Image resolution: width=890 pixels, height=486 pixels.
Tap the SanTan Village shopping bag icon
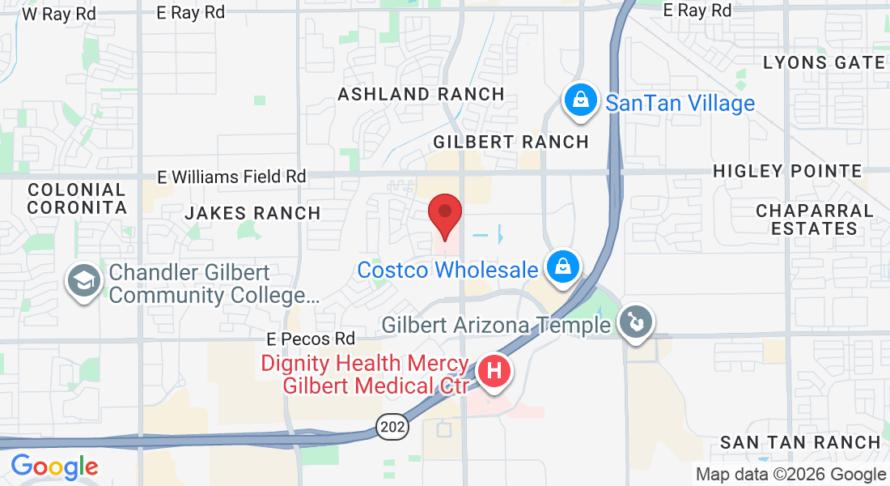click(x=580, y=101)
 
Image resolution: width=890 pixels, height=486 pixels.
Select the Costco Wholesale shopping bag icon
click(x=560, y=267)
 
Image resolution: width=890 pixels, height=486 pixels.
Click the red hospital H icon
click(x=494, y=372)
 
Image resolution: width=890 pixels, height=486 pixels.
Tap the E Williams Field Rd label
click(x=231, y=176)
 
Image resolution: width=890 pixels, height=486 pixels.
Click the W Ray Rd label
click(x=59, y=14)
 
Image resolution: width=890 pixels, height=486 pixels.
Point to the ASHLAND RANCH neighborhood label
click(x=421, y=94)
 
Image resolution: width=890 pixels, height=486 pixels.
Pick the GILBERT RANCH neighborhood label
click(x=511, y=142)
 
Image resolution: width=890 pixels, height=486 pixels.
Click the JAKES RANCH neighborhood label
click(x=252, y=213)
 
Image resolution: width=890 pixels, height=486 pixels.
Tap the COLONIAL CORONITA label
click(x=77, y=198)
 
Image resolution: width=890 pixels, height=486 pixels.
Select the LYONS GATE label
click(x=824, y=62)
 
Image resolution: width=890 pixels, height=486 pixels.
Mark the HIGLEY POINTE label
click(x=787, y=171)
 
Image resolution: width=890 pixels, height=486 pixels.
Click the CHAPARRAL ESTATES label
click(x=814, y=220)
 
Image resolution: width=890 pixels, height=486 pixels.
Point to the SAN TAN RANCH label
click(x=799, y=442)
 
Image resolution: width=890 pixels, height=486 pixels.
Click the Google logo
click(x=54, y=467)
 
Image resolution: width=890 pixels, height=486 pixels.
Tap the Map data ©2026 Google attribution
click(x=790, y=475)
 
